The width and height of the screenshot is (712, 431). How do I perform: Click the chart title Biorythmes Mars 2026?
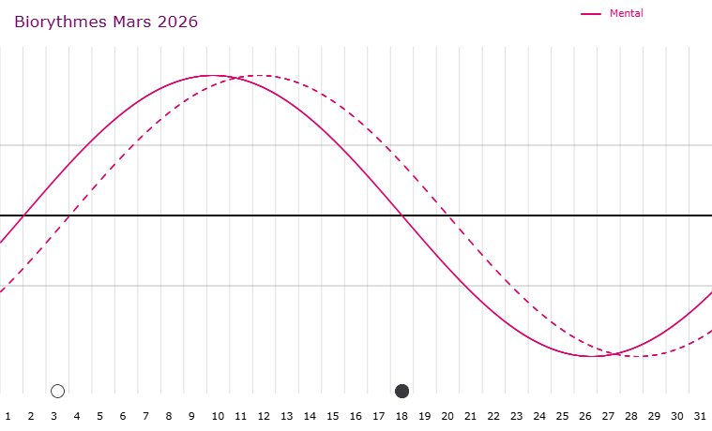(x=106, y=22)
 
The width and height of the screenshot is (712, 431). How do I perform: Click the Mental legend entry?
(x=626, y=13)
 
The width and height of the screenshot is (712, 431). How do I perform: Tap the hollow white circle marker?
(x=57, y=391)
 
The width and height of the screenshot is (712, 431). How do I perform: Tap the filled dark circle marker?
(x=402, y=391)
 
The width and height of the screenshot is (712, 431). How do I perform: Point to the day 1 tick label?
(x=8, y=415)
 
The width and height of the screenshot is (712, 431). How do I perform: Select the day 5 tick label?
(x=99, y=415)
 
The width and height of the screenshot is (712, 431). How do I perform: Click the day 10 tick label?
(x=217, y=415)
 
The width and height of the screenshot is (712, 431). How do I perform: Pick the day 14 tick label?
(x=310, y=415)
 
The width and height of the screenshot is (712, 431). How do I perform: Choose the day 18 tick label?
(x=401, y=415)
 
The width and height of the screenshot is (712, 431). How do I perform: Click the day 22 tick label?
(x=493, y=415)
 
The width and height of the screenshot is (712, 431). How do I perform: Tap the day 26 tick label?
(x=585, y=415)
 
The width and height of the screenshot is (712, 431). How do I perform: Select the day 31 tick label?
(x=701, y=415)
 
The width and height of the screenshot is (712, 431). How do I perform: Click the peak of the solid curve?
(x=213, y=75)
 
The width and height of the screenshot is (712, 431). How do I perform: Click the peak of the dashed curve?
(x=260, y=75)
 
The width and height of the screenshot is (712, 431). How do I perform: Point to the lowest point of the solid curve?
(x=592, y=356)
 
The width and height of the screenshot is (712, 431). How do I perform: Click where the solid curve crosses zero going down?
(x=402, y=215)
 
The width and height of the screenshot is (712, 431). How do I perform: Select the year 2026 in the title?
(x=177, y=22)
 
